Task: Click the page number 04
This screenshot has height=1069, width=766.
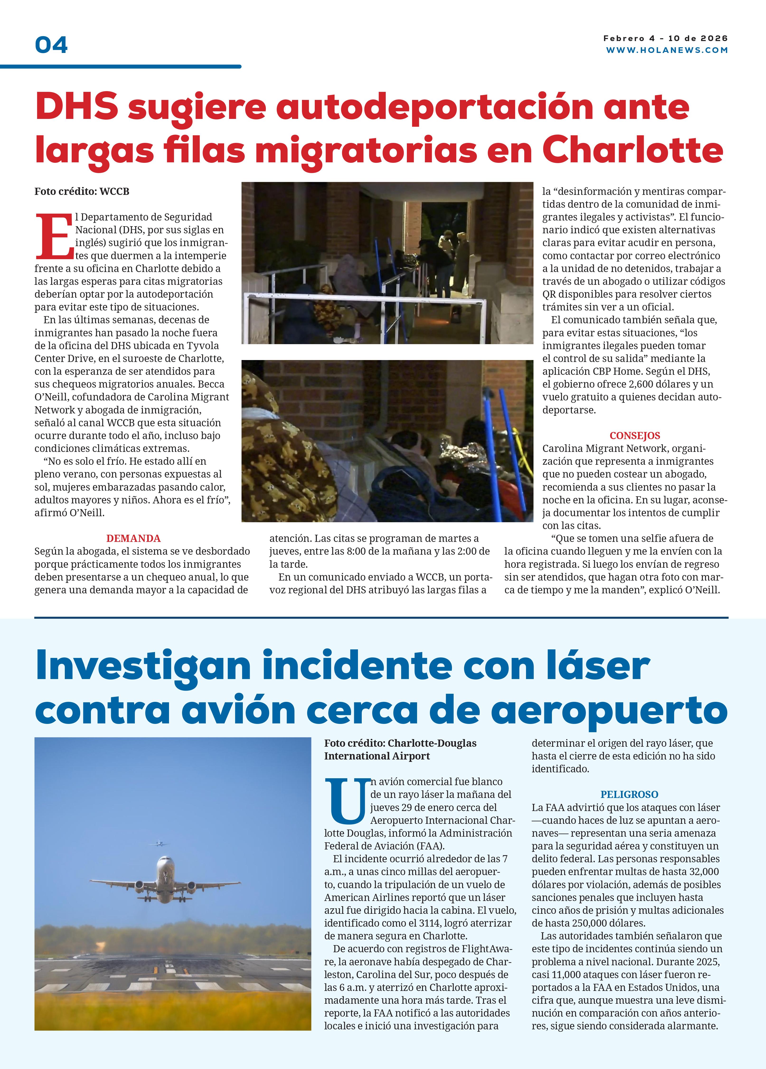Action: point(51,45)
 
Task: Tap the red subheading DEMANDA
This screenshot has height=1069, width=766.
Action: point(133,538)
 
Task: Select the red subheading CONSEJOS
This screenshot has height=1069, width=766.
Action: point(634,436)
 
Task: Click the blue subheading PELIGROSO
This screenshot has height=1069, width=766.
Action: point(629,794)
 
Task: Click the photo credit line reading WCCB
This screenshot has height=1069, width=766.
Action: point(82,191)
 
